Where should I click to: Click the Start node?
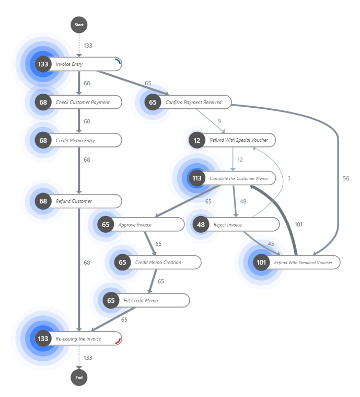pyautogui.click(x=79, y=25)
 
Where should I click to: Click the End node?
pyautogui.click(x=79, y=377)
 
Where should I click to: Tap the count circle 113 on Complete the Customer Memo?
pyautogui.click(x=196, y=178)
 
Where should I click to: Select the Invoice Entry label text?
pyautogui.click(x=69, y=64)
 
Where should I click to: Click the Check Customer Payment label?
pyautogui.click(x=83, y=103)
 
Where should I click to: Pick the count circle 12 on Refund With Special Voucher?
pyautogui.click(x=196, y=140)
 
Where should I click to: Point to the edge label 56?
pyautogui.click(x=346, y=178)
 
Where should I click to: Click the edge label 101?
pyautogui.click(x=298, y=224)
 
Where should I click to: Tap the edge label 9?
pyautogui.click(x=219, y=121)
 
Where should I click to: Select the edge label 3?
pyautogui.click(x=289, y=178)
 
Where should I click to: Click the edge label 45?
pyautogui.click(x=271, y=243)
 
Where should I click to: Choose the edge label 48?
pyautogui.click(x=243, y=201)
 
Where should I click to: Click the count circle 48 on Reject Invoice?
pyautogui.click(x=201, y=224)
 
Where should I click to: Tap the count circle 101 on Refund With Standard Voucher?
pyautogui.click(x=261, y=262)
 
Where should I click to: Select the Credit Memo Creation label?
pyautogui.click(x=158, y=262)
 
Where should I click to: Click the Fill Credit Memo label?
pyautogui.click(x=141, y=301)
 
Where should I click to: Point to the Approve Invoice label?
pyautogui.click(x=135, y=224)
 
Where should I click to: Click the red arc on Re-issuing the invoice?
pyautogui.click(x=118, y=341)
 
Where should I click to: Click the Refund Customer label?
pyautogui.click(x=74, y=201)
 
